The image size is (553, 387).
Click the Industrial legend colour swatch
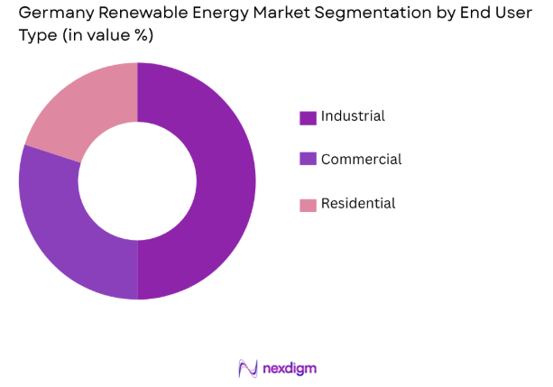308,117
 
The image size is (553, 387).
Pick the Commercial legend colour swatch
308,160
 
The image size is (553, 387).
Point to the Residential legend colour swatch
308,205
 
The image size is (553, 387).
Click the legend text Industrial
353,116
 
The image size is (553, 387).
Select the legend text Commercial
361,160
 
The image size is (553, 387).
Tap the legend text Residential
358,204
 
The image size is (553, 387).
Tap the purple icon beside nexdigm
247,368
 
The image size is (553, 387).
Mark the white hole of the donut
137,180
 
